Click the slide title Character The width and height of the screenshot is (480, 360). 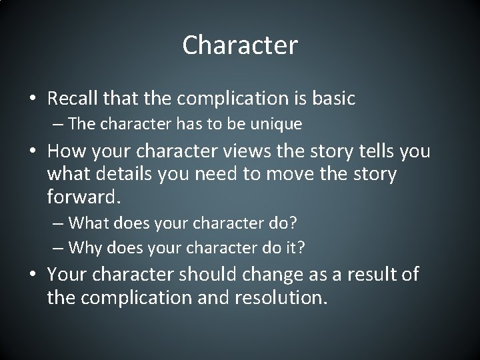click(x=240, y=45)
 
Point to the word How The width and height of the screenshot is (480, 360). click(x=66, y=151)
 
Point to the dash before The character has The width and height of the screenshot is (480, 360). click(x=58, y=124)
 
